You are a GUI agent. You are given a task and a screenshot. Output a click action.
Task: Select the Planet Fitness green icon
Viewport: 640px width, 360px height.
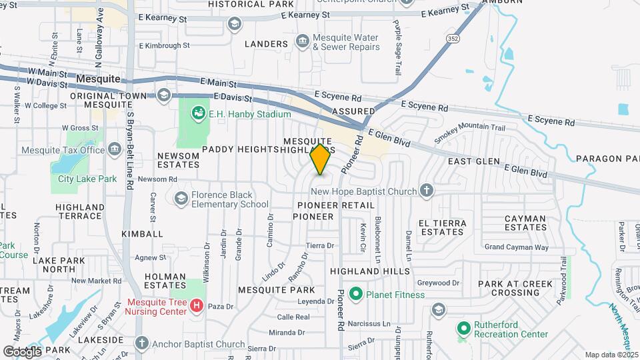click(355, 294)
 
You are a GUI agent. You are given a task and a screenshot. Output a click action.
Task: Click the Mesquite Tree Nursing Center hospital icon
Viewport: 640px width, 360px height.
click(197, 307)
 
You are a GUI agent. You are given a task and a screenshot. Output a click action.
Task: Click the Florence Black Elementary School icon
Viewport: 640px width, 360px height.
click(181, 198)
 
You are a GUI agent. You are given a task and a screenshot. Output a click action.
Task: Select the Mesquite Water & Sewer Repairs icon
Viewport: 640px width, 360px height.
click(303, 42)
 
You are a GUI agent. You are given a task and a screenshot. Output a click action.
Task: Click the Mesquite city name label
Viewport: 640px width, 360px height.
click(98, 79)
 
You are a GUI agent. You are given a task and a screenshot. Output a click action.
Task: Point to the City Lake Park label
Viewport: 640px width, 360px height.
click(87, 179)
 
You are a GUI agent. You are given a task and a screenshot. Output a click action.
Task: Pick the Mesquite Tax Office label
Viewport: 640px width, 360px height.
click(63, 150)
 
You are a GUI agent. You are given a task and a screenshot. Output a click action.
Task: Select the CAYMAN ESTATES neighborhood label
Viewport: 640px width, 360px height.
click(526, 223)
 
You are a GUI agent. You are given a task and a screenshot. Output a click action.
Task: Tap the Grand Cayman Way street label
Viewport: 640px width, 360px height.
click(517, 247)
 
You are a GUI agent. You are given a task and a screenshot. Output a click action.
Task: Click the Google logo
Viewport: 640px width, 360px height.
click(22, 351)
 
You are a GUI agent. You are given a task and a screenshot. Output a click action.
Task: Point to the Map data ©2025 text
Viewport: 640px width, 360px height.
click(611, 355)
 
